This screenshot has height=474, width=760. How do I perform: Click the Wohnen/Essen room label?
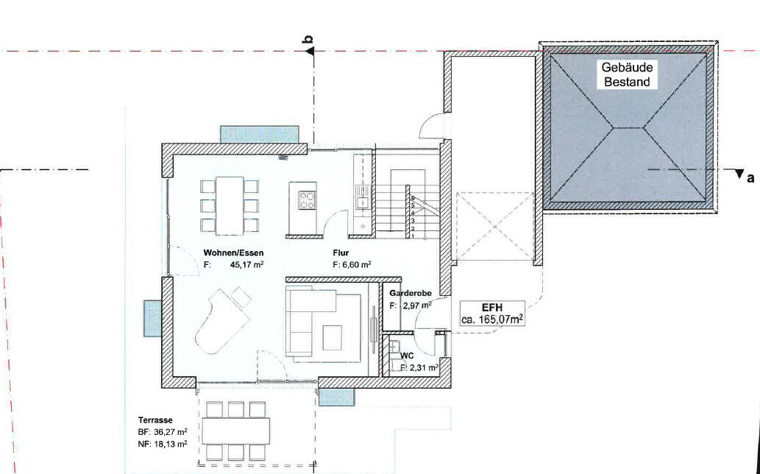click(x=233, y=253)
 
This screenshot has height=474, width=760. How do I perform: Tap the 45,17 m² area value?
click(x=246, y=265)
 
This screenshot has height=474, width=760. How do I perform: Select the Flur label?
click(x=341, y=253)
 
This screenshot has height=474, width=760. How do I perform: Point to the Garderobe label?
click(x=410, y=293)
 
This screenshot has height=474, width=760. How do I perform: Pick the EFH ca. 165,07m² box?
click(x=492, y=313)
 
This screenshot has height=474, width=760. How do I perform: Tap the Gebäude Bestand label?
click(x=627, y=74)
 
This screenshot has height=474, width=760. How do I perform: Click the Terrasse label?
click(x=155, y=420)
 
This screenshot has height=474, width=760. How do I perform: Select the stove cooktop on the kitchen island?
click(x=307, y=200)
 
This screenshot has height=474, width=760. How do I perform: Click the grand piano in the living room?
click(x=222, y=321)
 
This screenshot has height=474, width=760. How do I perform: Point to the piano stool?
click(x=241, y=297)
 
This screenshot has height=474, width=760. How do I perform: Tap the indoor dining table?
click(x=230, y=205)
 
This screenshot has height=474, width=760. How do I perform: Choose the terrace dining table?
click(x=236, y=431)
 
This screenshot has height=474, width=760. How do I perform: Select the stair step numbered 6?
click(x=413, y=198)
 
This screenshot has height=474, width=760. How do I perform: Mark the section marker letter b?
click(x=309, y=40)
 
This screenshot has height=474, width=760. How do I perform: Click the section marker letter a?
click(x=750, y=178)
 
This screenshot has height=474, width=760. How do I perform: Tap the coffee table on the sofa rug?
click(x=332, y=337)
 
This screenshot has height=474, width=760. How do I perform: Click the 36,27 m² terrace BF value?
click(x=170, y=432)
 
